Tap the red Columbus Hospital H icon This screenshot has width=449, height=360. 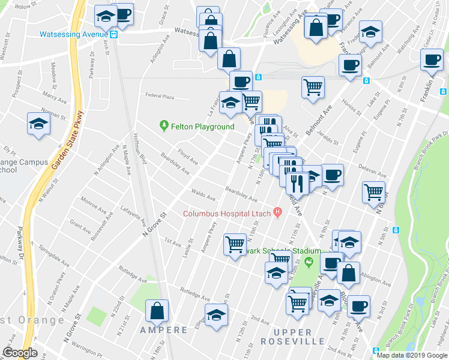(277, 212)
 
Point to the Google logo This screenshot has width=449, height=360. (20, 353)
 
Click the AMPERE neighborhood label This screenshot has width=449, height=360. (164, 330)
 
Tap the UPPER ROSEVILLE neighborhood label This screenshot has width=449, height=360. (293, 337)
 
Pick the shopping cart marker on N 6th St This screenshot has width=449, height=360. (373, 192)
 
